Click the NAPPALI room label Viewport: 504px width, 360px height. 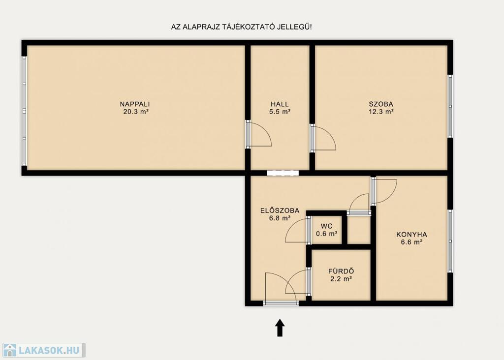(x=135, y=104)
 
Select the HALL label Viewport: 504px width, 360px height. (x=280, y=104)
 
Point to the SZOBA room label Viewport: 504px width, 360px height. (x=381, y=104)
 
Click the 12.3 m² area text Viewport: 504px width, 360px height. (x=381, y=112)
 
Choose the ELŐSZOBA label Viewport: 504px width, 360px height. (x=280, y=210)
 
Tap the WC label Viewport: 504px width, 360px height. (x=327, y=226)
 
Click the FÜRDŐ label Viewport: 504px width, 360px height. (x=341, y=271)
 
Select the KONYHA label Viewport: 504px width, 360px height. (x=411, y=235)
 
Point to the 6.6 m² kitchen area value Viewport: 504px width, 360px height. (x=411, y=242)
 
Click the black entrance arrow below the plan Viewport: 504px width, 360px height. (x=280, y=328)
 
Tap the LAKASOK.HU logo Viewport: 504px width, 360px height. (x=44, y=350)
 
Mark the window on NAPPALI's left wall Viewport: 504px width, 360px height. (x=24, y=111)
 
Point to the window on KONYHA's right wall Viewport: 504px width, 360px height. (x=450, y=241)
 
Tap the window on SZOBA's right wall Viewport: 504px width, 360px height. (x=450, y=106)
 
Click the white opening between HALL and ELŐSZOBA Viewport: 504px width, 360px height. (x=283, y=173)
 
